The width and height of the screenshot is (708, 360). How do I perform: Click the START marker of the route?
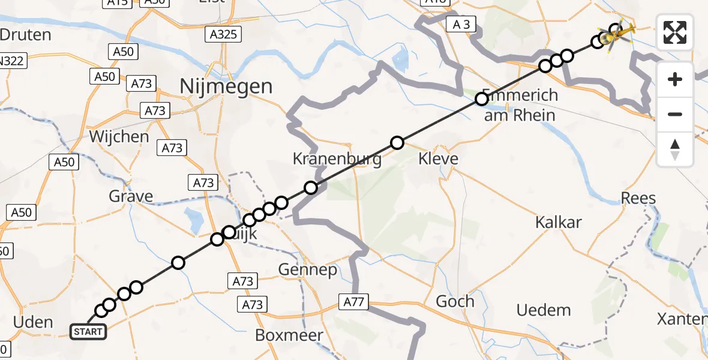coord(88,331)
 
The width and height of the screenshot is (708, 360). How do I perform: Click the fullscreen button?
coord(675,32)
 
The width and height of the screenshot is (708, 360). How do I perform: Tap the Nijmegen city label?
coord(227,87)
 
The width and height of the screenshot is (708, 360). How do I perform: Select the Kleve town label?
coord(438,159)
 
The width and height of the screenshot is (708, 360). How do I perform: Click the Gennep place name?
coord(308,270)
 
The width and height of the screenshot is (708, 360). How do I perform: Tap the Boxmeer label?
coord(289,335)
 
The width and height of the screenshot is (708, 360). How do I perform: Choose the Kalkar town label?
coord(559,222)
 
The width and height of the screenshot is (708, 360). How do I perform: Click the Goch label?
coord(455,301)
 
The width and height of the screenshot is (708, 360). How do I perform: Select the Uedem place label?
coord(544,310)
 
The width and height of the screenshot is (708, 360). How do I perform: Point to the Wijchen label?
coord(119,137)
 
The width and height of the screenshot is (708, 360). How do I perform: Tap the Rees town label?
coord(638,198)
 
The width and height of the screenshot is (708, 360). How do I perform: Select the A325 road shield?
coord(223,35)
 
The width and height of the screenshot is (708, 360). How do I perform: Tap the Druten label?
coord(25,34)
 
